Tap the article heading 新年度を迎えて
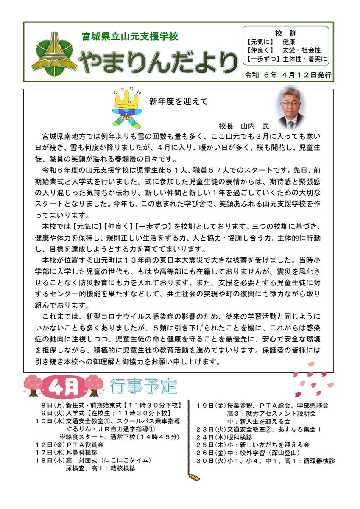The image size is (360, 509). coord(179,101)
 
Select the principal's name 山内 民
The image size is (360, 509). coord(255,126)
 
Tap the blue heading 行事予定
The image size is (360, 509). coord(142,386)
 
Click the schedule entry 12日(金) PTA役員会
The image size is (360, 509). coord(70,445)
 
